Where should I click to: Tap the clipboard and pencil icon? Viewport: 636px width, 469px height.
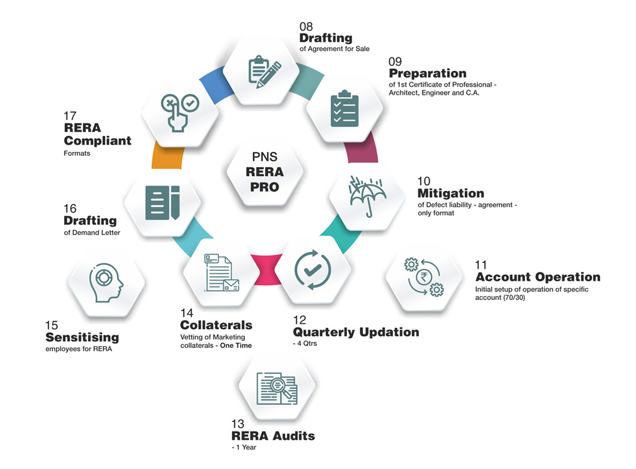pos(264,71)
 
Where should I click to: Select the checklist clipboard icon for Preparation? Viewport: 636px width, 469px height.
pos(344,109)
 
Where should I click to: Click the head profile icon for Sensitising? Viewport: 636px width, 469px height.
pos(106,283)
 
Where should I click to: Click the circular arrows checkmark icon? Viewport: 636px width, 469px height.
pos(312,271)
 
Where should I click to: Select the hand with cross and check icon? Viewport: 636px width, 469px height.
pos(179,112)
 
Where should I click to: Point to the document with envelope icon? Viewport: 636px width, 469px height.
pos(221,272)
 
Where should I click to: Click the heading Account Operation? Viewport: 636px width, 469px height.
pos(538,277)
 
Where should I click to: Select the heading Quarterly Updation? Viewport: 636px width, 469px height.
pos(356,332)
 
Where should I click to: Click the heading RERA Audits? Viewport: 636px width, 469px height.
pos(273,435)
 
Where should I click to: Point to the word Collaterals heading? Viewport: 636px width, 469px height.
pos(216,325)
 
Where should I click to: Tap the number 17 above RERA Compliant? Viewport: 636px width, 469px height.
pos(70,116)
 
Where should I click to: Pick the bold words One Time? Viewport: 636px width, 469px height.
pos(235,346)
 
